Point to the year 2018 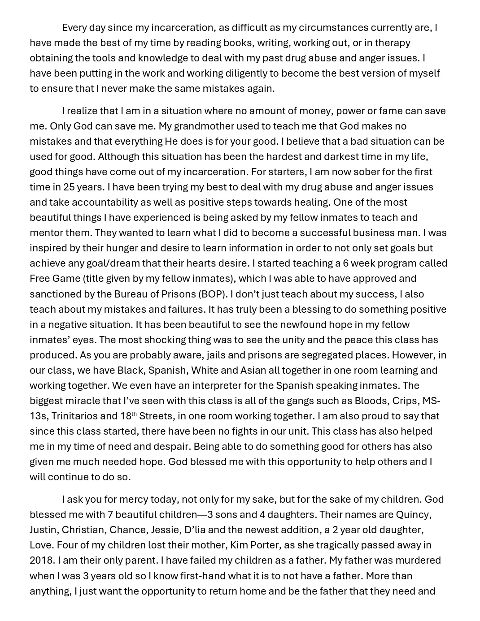pyautogui.click(x=42, y=561)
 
